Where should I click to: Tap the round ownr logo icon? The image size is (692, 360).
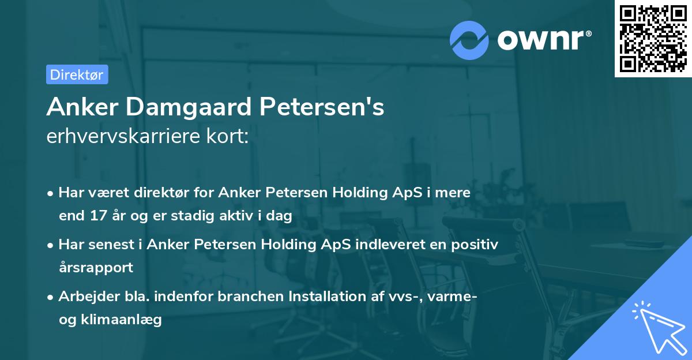click(x=469, y=40)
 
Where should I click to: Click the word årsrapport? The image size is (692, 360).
click(x=96, y=268)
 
